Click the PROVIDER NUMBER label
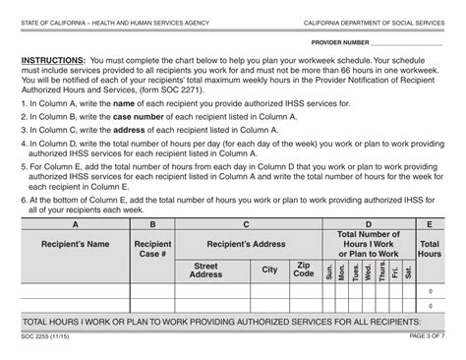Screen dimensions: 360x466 click(x=340, y=43)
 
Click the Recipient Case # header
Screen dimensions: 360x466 click(x=152, y=248)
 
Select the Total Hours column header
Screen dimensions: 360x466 click(x=430, y=248)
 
